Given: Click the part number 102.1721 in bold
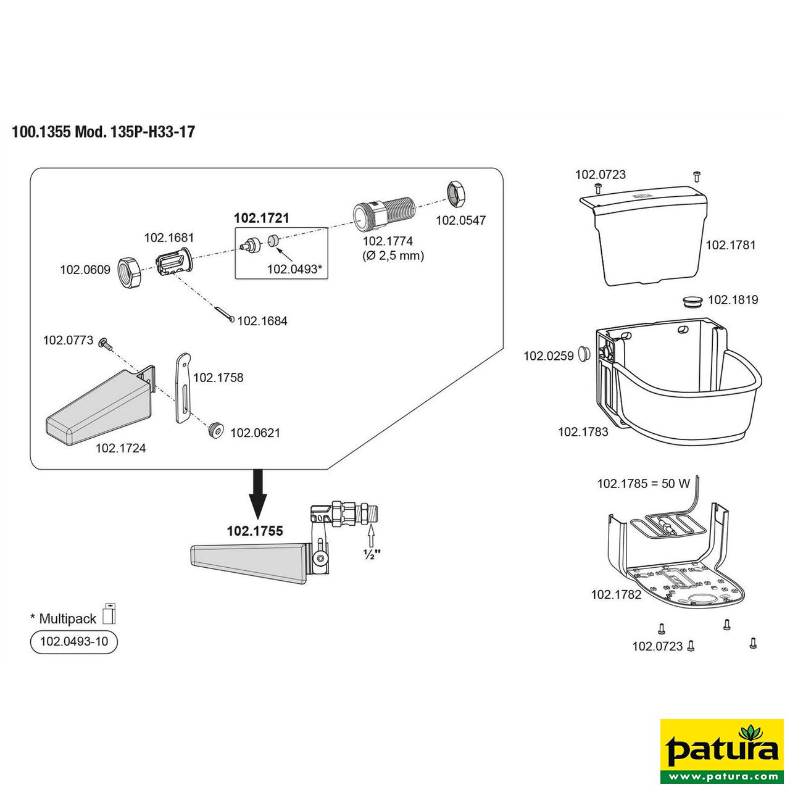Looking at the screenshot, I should coord(261,218).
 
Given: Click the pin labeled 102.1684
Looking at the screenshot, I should coord(225,314).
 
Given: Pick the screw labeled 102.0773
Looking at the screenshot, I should coord(105,343).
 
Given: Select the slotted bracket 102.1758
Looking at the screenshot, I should coord(183,388).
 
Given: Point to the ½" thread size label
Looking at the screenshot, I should coord(371,554).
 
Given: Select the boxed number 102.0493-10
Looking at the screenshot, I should coord(73,642).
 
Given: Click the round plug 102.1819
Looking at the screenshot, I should coord(692,301).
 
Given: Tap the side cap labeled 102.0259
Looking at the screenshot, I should coord(583,354).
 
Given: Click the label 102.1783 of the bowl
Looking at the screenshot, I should coord(583,432).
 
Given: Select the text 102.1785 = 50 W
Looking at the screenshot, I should coord(643,484).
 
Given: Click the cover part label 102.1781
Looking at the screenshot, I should coord(730,245).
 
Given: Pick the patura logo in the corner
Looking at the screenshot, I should coord(721,750).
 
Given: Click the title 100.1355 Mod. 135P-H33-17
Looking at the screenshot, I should coord(103,132).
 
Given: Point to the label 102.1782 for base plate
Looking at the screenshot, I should coord(616,594).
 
